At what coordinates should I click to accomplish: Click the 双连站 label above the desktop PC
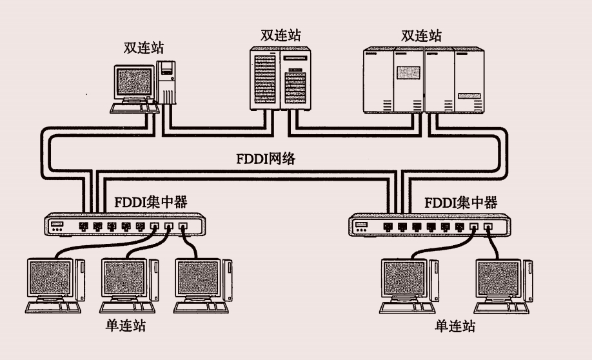tap(144, 47)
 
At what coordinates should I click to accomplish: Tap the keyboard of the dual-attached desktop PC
tap(133, 108)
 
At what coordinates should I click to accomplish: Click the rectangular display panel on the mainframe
tap(408, 74)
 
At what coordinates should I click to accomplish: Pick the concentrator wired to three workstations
tap(123, 226)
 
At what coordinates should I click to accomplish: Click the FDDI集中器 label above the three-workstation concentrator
tap(150, 203)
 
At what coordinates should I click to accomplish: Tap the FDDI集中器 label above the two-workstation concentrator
tap(461, 203)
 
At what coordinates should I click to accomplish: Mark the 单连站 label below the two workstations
tap(455, 326)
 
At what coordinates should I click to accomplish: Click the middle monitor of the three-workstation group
tap(125, 278)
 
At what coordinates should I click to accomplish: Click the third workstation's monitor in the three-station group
tap(199, 278)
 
